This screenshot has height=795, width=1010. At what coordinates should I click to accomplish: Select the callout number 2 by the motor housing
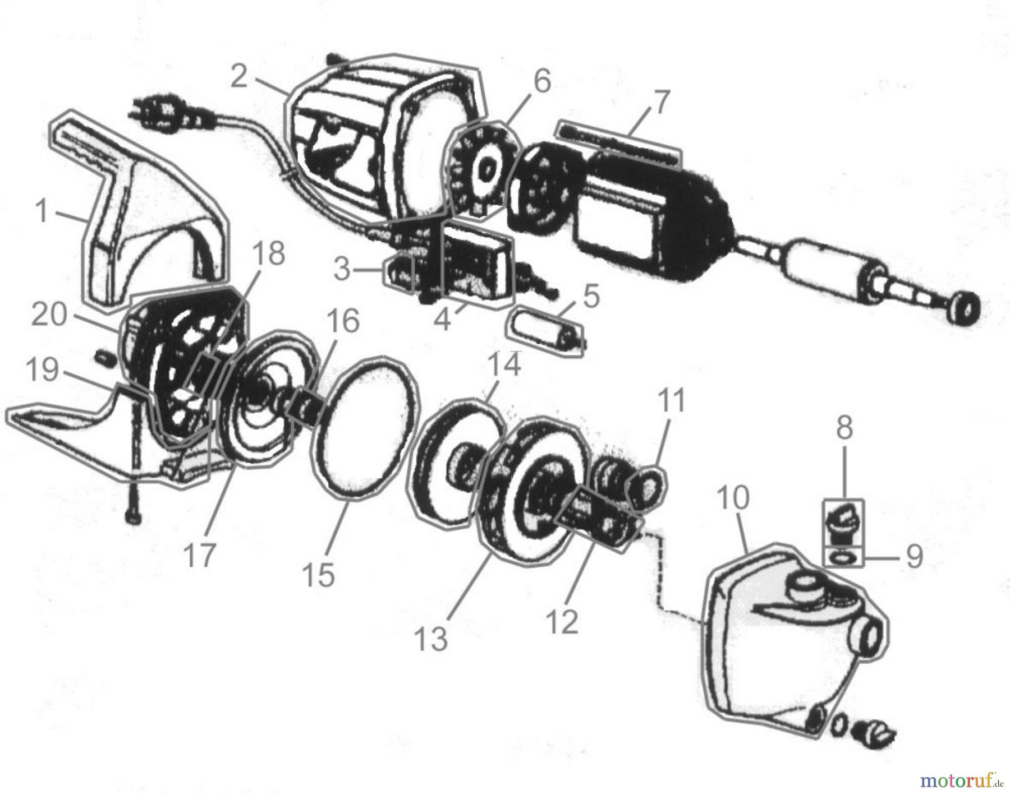pyautogui.click(x=239, y=76)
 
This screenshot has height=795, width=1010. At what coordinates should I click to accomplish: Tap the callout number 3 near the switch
pyautogui.click(x=341, y=269)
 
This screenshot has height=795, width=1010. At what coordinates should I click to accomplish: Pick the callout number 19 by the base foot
pyautogui.click(x=43, y=370)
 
